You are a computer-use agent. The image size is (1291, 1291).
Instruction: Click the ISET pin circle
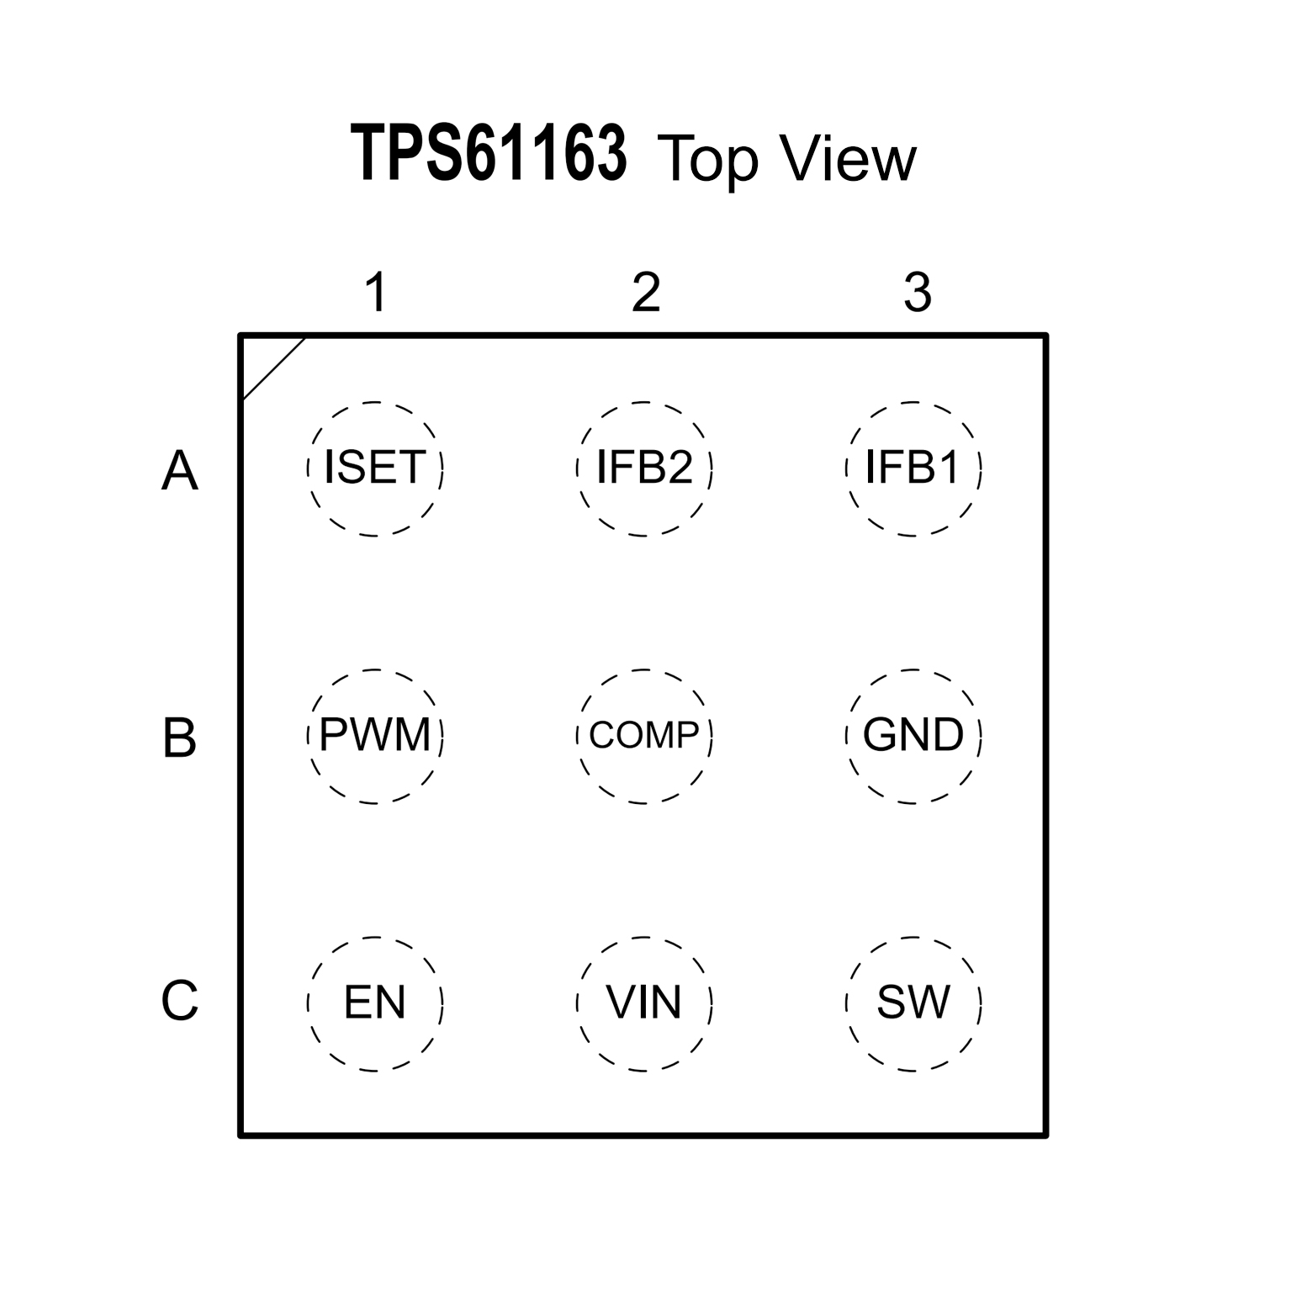tap(375, 468)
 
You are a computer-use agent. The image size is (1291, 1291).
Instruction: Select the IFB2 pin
tap(644, 468)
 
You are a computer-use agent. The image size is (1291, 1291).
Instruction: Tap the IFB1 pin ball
tap(913, 468)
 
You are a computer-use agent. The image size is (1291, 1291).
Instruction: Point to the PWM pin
tap(375, 736)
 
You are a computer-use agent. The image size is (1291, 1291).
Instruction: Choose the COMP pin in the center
tap(644, 736)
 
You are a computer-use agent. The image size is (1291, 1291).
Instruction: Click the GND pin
tap(913, 736)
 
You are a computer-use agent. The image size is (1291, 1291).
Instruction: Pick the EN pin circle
tap(375, 1003)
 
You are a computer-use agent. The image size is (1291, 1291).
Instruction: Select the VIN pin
tap(644, 1003)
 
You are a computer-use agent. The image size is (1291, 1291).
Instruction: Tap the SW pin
tap(913, 1003)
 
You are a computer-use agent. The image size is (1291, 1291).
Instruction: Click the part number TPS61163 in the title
tap(489, 155)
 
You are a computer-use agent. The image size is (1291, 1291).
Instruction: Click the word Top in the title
tap(707, 160)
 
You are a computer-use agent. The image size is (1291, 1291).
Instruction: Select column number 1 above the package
tap(376, 293)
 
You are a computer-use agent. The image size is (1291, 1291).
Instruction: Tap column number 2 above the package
tap(646, 293)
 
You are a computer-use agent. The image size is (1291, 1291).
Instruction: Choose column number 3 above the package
tap(918, 293)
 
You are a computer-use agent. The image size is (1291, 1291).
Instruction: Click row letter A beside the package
tap(179, 470)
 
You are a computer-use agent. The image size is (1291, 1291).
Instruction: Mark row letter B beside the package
tap(179, 738)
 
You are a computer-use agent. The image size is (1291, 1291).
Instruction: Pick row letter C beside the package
tap(179, 1001)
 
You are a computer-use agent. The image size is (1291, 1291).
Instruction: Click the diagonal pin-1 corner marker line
tap(273, 368)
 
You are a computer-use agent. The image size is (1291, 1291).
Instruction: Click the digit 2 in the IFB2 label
tap(678, 468)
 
